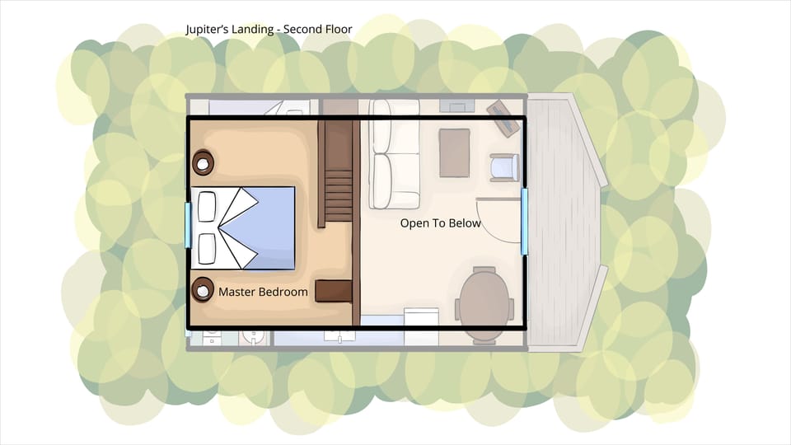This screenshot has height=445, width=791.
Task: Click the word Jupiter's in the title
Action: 208,30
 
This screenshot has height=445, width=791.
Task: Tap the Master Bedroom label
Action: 263,292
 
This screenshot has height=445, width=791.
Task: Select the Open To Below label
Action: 440,223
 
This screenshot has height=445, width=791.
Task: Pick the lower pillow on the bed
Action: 206,247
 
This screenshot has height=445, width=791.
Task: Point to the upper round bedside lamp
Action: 203,162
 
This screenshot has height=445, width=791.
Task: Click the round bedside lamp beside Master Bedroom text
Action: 202,289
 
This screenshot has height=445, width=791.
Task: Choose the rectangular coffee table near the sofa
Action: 454,152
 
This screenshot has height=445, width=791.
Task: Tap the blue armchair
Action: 503,167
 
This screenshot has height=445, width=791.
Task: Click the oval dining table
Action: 486,302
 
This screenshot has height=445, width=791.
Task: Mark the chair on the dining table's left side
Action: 458,309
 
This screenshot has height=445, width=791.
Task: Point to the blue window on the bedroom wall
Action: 188,225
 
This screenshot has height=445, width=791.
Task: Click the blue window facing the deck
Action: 525,221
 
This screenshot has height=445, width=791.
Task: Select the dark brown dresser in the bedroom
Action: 335,290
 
